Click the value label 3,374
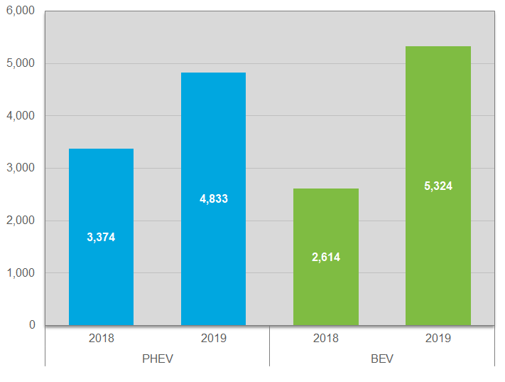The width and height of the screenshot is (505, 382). tap(101, 238)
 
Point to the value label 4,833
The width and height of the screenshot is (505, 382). tap(213, 199)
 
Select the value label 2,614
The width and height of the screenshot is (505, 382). tap(326, 258)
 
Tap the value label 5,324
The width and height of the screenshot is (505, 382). tap(438, 186)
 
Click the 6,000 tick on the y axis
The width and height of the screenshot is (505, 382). tap(21, 11)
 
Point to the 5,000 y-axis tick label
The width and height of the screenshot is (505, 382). tap(21, 63)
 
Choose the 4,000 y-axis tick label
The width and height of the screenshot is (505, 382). tap(21, 115)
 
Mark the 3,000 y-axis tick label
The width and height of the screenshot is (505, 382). tap(21, 168)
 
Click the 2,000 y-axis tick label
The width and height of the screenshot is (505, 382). tap(21, 221)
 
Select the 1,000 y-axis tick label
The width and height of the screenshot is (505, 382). tap(21, 272)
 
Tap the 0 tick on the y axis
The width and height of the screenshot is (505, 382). tap(32, 325)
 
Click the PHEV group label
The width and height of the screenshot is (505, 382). tap(158, 359)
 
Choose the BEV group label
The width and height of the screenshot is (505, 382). tap(382, 359)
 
